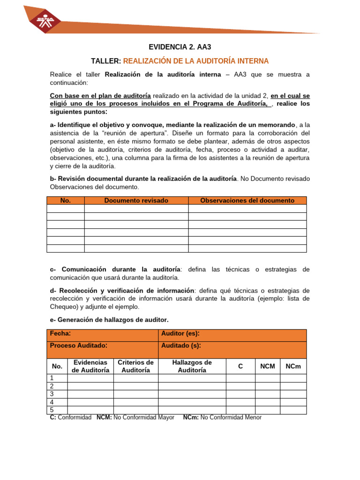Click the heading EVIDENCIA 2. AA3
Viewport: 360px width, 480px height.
point(177,47)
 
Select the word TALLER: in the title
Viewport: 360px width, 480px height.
point(106,61)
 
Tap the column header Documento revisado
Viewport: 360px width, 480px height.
point(136,201)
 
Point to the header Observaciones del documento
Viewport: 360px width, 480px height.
point(247,201)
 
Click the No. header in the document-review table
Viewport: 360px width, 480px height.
point(66,201)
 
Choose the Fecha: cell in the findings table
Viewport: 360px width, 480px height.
point(60,333)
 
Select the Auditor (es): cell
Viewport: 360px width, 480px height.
point(180,333)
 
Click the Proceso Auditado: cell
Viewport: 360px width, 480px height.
point(79,345)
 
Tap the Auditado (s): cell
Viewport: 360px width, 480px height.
point(181,345)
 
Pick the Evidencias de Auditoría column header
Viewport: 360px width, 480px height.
point(90,366)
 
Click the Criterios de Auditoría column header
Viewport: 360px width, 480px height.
point(135,366)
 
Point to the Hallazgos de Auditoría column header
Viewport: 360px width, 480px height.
point(192,366)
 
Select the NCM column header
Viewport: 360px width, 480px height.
point(267,366)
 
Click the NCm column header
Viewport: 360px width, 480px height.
point(293,366)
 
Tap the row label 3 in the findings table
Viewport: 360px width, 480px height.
point(52,394)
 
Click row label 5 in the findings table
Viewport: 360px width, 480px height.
point(52,410)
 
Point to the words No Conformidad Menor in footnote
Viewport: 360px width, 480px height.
point(231,418)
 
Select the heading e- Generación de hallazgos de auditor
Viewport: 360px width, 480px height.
point(109,320)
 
